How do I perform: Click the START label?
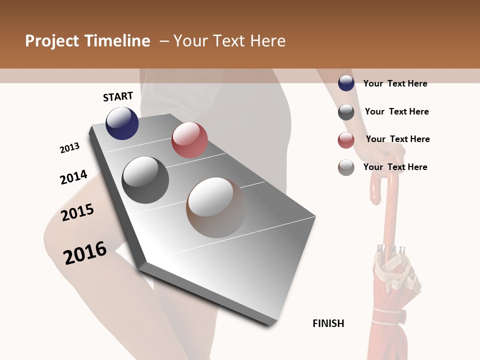[118, 96]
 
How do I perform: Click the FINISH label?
[328, 323]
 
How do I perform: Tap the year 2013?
[69, 148]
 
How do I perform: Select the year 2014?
[73, 177]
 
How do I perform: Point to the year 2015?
[77, 212]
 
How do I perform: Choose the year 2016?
[85, 252]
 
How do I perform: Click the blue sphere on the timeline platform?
[122, 123]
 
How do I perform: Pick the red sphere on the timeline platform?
[189, 140]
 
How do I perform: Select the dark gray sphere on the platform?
[145, 179]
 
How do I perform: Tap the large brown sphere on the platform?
[216, 207]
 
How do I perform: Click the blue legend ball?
[346, 83]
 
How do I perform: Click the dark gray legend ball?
[346, 112]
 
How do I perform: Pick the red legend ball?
[346, 140]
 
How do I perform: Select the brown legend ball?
[346, 167]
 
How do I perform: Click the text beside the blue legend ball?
[395, 83]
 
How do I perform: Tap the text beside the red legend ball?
[397, 139]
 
